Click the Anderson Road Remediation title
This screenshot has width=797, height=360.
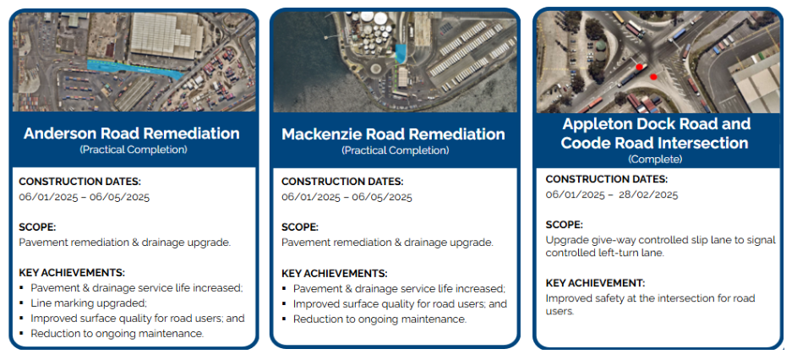[132, 134]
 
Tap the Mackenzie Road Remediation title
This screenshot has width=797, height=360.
[393, 134]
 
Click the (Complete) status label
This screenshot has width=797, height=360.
[655, 159]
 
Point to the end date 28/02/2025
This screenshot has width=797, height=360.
[648, 194]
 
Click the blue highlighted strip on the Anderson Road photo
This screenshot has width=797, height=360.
[134, 69]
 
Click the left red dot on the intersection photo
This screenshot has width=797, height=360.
[640, 67]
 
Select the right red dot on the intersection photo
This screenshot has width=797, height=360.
[653, 77]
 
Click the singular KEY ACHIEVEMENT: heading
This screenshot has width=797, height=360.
[595, 283]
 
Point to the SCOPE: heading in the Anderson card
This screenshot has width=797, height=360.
[38, 226]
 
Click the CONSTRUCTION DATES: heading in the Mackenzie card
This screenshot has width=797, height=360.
[342, 182]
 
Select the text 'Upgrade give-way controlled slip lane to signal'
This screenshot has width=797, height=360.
[661, 240]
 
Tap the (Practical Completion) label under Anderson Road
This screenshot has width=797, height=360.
[134, 150]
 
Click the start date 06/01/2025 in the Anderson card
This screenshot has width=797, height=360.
[49, 197]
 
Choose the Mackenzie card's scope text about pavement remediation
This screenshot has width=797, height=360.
[387, 243]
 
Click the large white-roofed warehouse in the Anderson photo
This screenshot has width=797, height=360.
[166, 34]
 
